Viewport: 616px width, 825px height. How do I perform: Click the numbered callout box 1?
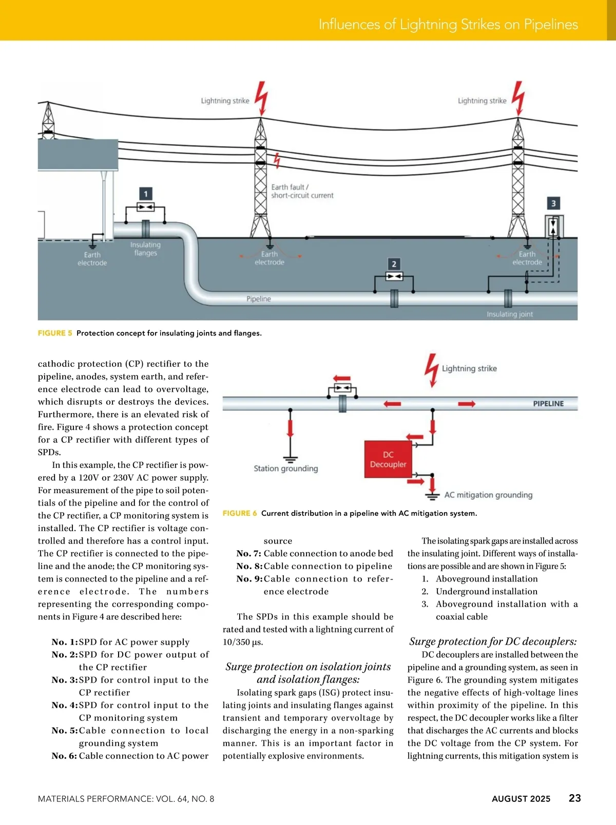146,194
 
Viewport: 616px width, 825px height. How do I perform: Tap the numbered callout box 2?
394,264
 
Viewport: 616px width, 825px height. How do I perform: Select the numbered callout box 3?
553,203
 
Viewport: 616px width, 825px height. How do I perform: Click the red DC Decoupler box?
388,459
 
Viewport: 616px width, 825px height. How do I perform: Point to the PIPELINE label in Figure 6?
548,404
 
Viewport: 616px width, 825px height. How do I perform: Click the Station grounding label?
286,468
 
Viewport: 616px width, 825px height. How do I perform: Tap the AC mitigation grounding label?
488,495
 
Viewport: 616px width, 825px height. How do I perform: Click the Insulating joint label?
510,314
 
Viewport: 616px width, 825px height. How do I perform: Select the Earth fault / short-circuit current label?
302,191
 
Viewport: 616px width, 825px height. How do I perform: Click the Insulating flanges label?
145,249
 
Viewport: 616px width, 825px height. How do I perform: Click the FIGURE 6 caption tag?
240,513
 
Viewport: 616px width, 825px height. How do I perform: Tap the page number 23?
575,798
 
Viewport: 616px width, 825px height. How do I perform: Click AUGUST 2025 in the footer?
521,799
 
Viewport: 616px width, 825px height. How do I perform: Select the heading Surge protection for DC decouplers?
493,641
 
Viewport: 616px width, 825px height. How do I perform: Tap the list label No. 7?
249,553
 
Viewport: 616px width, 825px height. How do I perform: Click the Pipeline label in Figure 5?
259,299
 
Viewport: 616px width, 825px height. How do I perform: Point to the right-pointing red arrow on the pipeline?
467,404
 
